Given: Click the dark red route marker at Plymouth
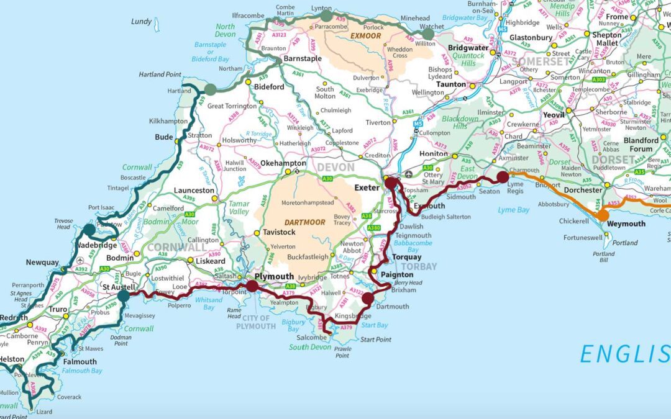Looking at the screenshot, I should point(252,286).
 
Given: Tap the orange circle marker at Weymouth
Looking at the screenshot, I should point(601,215).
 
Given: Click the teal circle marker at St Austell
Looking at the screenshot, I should point(123,296).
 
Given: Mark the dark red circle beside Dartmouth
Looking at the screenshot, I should point(368,299).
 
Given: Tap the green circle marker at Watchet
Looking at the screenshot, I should point(428,34).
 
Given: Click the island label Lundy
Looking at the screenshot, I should point(142,22).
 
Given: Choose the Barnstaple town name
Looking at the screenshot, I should point(303,58).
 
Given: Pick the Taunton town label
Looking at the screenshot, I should point(451,84).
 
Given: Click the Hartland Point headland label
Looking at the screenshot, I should point(160,74).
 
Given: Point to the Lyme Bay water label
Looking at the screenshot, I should point(514,210).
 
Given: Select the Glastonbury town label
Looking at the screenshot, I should point(531,37).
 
